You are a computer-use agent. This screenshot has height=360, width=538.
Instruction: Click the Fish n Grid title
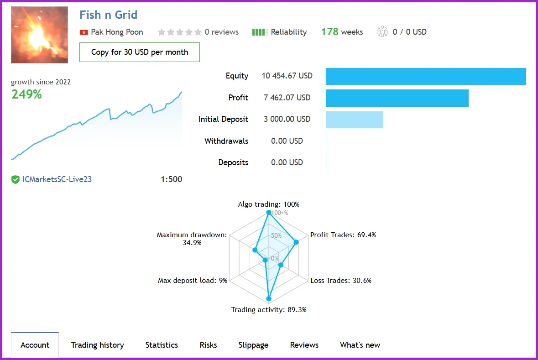click(108, 15)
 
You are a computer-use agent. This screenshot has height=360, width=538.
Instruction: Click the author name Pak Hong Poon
click(117, 32)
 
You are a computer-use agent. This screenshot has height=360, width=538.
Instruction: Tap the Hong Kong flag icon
click(84, 32)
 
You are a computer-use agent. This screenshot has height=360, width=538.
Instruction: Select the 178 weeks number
click(329, 32)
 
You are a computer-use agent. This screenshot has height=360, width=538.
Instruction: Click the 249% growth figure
click(26, 94)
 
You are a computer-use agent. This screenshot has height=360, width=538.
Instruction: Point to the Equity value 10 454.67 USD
click(287, 76)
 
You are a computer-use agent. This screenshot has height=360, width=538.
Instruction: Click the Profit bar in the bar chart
click(397, 98)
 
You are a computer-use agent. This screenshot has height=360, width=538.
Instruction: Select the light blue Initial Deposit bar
click(354, 120)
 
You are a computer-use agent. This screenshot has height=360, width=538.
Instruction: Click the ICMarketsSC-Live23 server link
click(57, 179)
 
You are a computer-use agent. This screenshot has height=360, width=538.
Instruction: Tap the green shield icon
click(16, 180)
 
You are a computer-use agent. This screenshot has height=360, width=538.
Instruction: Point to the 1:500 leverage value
click(171, 179)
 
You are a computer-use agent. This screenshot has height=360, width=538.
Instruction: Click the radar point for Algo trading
click(268, 213)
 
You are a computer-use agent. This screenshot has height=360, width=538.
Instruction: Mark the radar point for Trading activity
click(268, 299)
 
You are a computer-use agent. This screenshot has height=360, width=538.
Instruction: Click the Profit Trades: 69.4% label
click(343, 235)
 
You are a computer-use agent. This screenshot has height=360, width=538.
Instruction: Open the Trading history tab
click(97, 345)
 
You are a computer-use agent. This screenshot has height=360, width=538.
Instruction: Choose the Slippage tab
click(253, 345)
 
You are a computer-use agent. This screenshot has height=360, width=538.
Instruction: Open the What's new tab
click(360, 345)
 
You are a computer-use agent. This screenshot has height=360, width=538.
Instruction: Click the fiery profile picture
click(39, 35)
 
